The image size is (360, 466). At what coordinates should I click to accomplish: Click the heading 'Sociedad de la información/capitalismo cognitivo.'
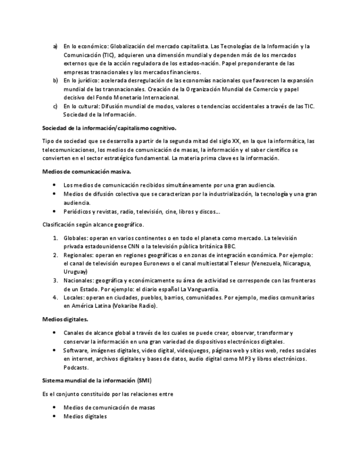(x=109, y=127)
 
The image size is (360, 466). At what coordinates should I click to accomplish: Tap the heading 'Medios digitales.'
(x=65, y=319)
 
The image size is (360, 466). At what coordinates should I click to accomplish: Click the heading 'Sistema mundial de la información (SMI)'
(x=97, y=380)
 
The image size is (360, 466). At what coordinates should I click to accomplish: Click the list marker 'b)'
(x=55, y=80)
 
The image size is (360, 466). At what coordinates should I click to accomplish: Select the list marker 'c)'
(x=55, y=106)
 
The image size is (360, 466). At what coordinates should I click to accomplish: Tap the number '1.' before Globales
(x=56, y=238)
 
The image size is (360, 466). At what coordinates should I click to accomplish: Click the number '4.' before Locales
(x=56, y=297)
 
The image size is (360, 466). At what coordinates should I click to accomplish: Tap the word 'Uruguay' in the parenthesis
(x=75, y=271)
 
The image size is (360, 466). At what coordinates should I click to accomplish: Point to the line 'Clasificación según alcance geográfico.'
(x=93, y=224)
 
